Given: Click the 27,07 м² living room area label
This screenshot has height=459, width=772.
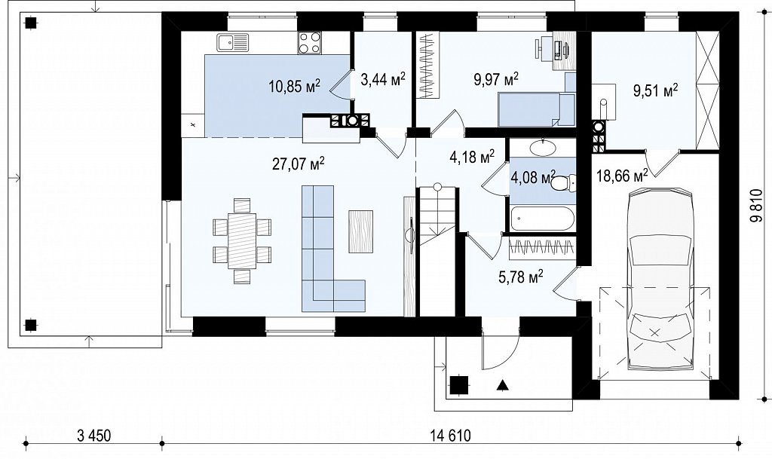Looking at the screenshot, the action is pyautogui.click(x=298, y=164).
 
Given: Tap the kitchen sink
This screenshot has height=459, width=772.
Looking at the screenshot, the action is pyautogui.click(x=234, y=42).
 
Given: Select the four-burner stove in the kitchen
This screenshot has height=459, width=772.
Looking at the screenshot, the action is pyautogui.click(x=310, y=42).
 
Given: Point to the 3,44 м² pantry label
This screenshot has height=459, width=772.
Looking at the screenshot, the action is pyautogui.click(x=383, y=78).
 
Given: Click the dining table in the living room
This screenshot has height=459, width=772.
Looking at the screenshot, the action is pyautogui.click(x=242, y=240).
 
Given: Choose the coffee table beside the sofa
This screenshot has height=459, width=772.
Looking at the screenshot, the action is pyautogui.click(x=360, y=231).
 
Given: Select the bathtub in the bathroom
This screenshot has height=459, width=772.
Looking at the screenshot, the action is pyautogui.click(x=543, y=219).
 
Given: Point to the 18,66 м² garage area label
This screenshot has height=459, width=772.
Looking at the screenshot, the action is pyautogui.click(x=622, y=175).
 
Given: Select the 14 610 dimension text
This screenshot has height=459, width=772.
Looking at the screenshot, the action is pyautogui.click(x=451, y=421).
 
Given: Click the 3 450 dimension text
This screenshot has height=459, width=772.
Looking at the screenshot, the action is pyautogui.click(x=94, y=421).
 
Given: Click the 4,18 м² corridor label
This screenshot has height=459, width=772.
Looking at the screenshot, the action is pyautogui.click(x=472, y=157).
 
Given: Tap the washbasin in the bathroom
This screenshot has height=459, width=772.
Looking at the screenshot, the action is pyautogui.click(x=542, y=147).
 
